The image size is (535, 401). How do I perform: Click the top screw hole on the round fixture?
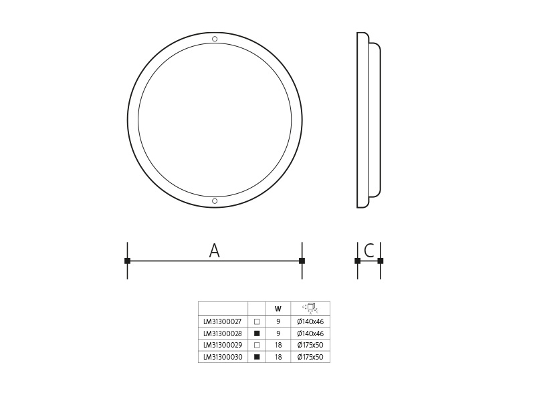[x=215, y=39]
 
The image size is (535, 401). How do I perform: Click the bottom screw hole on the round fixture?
[x=215, y=201]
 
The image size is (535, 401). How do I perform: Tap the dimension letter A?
[x=214, y=251]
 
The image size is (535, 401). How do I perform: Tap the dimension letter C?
[x=369, y=251]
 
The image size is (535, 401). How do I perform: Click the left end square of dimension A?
[x=127, y=261]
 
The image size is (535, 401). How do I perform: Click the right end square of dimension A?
[x=302, y=261]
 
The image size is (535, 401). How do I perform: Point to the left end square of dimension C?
[x=358, y=261]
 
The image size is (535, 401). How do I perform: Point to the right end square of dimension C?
[x=381, y=261]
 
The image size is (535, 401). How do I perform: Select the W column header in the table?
[x=278, y=309]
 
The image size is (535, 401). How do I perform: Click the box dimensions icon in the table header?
[x=310, y=308]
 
